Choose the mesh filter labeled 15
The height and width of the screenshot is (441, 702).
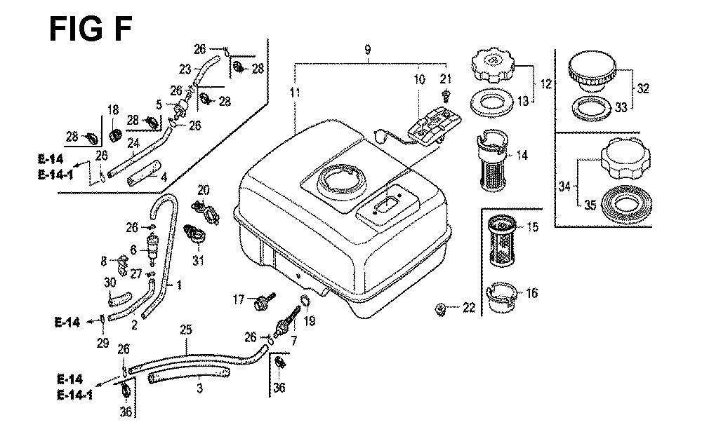coord(503,241)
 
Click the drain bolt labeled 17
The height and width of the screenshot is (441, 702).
coord(267,302)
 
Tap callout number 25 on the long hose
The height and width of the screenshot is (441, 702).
coord(185,328)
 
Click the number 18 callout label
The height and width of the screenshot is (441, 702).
coord(112,109)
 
